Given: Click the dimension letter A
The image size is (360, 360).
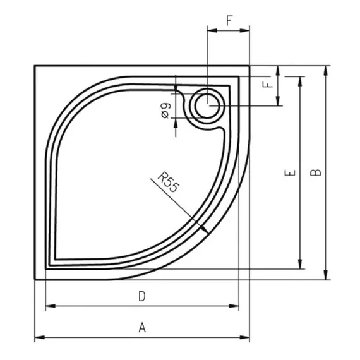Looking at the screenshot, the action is point(142,327).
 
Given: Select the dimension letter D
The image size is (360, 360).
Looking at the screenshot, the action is point(142,296).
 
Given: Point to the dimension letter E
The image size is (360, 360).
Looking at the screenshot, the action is point(290,172).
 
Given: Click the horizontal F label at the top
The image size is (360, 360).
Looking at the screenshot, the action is point(229,20).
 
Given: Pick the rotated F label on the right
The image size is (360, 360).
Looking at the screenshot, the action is point(268,85).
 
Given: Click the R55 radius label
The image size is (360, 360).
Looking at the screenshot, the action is point(168,182).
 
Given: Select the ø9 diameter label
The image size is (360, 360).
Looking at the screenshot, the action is point(166,111).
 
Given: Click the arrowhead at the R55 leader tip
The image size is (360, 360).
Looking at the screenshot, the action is point(205,229).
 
